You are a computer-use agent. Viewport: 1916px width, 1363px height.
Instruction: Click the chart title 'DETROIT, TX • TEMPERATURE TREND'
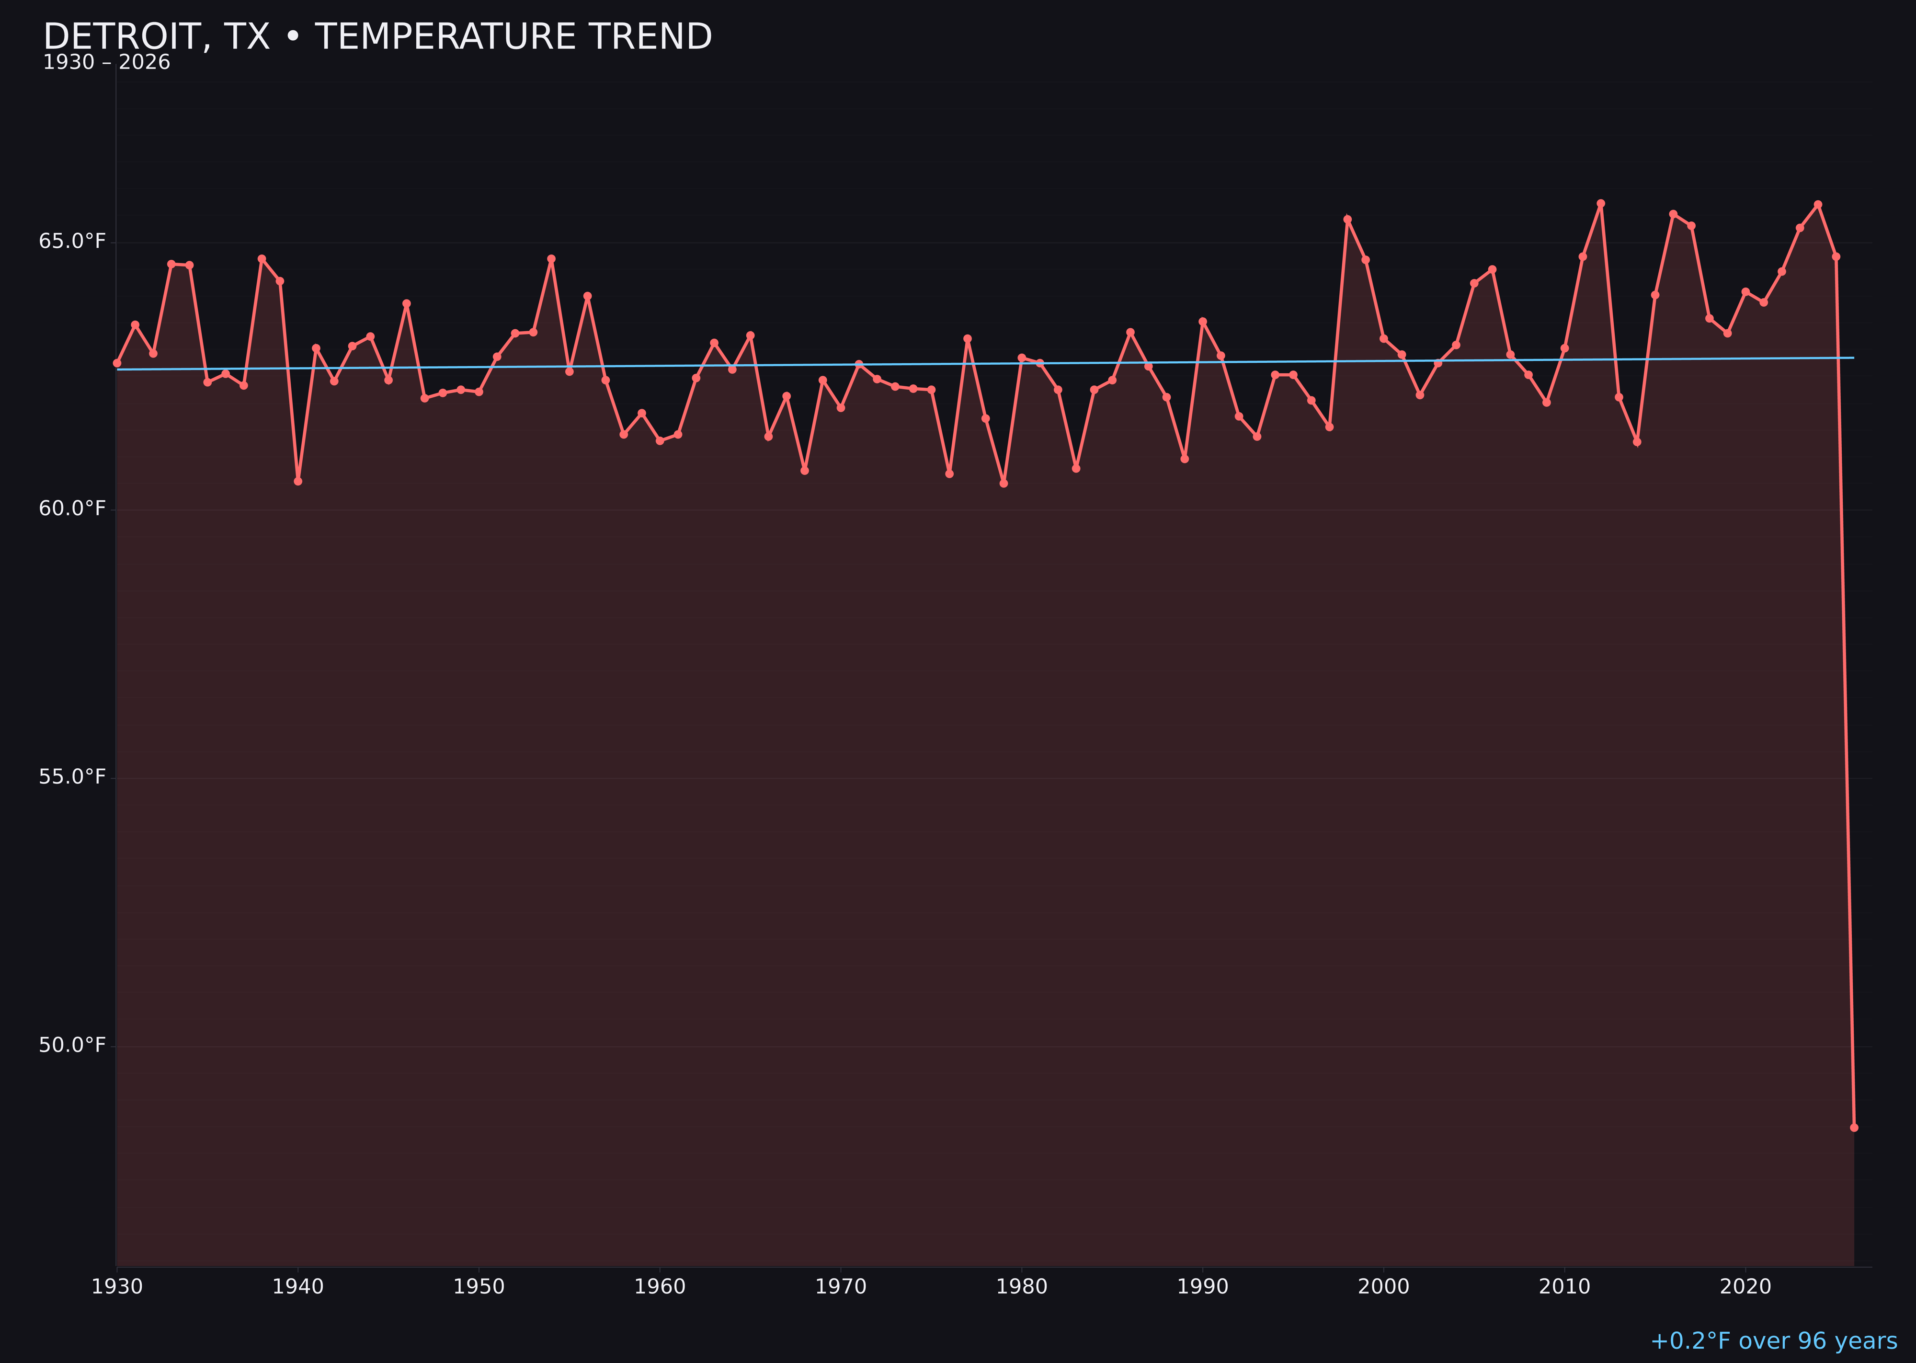pos(377,37)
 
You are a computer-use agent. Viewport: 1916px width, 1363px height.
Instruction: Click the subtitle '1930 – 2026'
pos(106,63)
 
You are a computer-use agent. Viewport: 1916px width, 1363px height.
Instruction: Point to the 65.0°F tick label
pos(72,242)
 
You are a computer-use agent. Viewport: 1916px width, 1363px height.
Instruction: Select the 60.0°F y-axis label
pos(72,508)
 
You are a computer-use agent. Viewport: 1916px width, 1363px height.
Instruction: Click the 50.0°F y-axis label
pos(72,1045)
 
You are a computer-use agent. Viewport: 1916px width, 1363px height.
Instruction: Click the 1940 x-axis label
pos(298,1287)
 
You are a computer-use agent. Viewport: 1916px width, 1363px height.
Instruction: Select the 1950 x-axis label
pos(479,1287)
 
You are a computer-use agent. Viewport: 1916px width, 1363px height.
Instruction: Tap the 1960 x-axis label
pos(660,1287)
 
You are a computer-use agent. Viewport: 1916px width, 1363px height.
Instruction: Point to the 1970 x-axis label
pos(841,1287)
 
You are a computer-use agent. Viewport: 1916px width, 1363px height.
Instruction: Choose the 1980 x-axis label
pos(1022,1287)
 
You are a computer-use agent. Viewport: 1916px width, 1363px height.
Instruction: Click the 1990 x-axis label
pos(1202,1287)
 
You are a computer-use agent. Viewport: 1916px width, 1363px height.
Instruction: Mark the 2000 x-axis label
pos(1383,1287)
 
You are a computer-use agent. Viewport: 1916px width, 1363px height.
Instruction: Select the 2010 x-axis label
pos(1564,1287)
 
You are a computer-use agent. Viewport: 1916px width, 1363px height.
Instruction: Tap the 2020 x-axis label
pos(1745,1287)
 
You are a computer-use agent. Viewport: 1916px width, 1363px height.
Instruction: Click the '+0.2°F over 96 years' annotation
pos(1773,1341)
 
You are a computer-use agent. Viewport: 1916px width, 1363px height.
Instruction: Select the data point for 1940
pos(298,481)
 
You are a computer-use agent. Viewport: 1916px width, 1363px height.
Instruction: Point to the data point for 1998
pos(1347,220)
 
